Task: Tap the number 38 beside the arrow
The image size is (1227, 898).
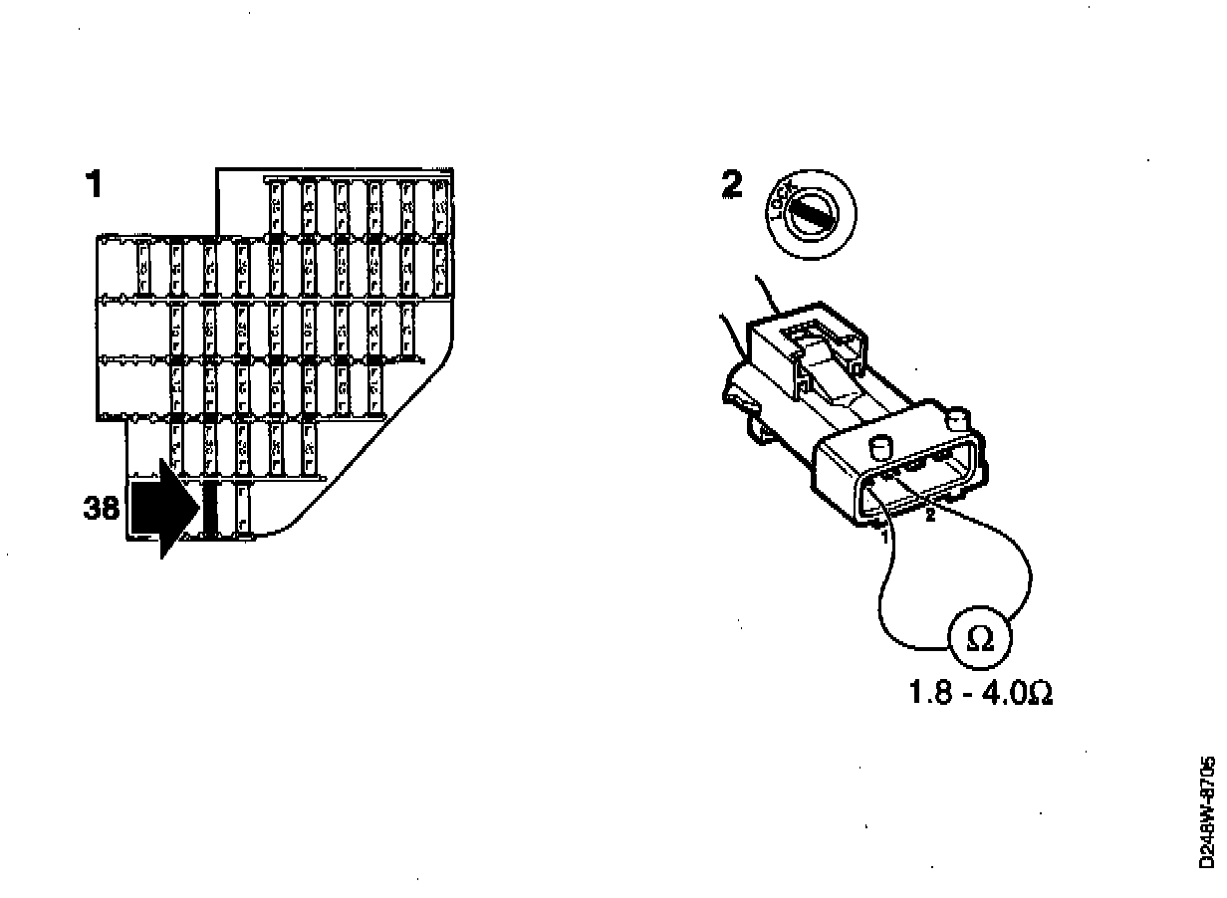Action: click(x=101, y=509)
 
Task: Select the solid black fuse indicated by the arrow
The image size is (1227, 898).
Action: click(x=210, y=509)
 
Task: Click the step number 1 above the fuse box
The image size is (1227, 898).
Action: click(x=95, y=184)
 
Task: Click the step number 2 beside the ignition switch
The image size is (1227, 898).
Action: click(x=732, y=185)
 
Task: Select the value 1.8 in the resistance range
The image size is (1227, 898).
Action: click(x=930, y=692)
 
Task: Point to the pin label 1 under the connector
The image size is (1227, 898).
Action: click(x=884, y=535)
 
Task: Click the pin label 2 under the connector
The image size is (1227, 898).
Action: click(x=930, y=516)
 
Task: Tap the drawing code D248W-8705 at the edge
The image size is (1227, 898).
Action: click(x=1208, y=813)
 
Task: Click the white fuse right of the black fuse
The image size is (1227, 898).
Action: click(x=242, y=509)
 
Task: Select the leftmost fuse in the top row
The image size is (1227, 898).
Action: click(x=276, y=208)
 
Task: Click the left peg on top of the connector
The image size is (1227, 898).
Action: click(x=879, y=445)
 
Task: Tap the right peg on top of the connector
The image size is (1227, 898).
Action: click(x=959, y=417)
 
